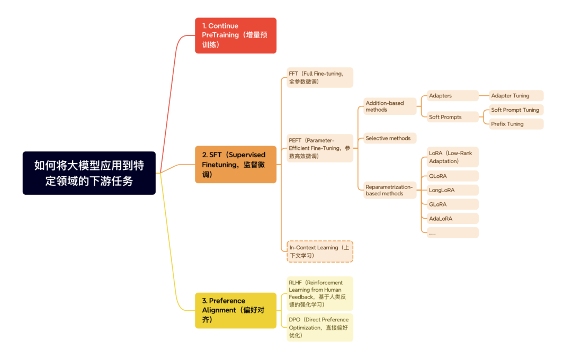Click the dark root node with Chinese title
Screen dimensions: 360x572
(89, 173)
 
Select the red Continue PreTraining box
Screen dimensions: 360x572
(236, 35)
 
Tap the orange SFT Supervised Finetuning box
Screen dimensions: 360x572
(236, 164)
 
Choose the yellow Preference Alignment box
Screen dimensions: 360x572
(236, 310)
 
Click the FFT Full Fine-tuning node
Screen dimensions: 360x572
(319, 77)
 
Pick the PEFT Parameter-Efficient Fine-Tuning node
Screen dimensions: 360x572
(319, 148)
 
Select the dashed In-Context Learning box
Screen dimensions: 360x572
(319, 251)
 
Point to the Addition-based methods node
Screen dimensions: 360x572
(390, 106)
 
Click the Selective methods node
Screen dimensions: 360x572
(390, 138)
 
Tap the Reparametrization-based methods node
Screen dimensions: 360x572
(390, 190)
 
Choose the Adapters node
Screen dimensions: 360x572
(452, 96)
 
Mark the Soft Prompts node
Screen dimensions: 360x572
(452, 117)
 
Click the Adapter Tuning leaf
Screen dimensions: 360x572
(516, 96)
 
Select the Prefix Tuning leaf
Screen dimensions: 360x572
(516, 124)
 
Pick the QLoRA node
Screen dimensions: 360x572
(452, 176)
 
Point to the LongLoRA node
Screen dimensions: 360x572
(452, 190)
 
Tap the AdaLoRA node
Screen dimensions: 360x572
(452, 218)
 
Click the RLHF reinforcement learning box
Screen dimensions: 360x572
(319, 293)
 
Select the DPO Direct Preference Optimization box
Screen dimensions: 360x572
(319, 327)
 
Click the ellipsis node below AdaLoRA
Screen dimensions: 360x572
(452, 232)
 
